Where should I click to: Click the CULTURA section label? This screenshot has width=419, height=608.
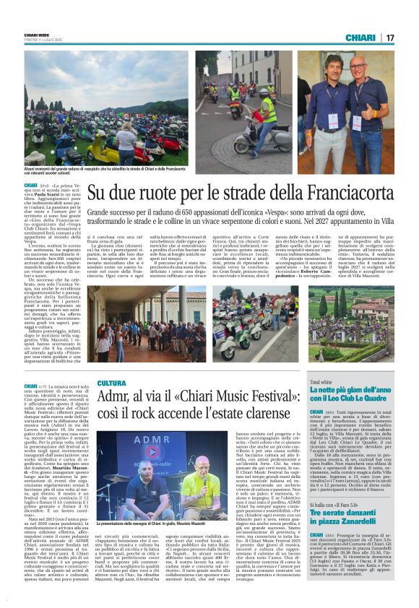click(112, 383)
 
